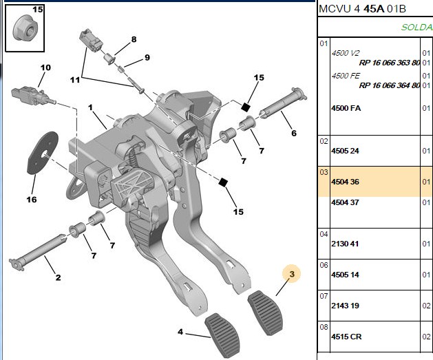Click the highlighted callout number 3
tap(292, 274)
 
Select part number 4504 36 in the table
tap(345, 182)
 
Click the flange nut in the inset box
tap(25, 28)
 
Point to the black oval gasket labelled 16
tap(42, 153)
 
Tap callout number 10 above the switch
tap(45, 67)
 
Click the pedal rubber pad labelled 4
tap(222, 335)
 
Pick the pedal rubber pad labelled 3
tap(266, 313)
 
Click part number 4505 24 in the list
tap(345, 151)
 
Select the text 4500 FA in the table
tap(346, 108)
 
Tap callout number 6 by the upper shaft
tap(294, 133)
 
